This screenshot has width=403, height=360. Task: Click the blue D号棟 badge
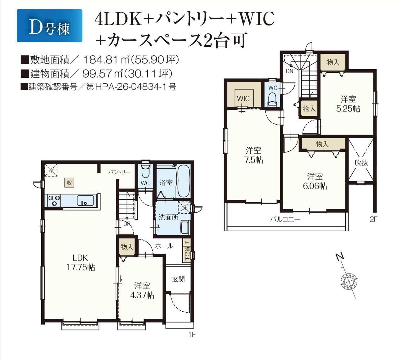49,25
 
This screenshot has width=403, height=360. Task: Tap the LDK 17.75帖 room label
80,262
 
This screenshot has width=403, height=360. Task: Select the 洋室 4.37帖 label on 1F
142,291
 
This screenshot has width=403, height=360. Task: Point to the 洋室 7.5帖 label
253,155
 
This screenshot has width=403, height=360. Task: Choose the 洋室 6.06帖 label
315,181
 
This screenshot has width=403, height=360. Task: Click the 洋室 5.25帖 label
348,104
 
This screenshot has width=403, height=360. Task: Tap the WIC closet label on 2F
243,98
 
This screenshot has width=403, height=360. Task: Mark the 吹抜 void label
361,163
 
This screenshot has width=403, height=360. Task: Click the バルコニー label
285,219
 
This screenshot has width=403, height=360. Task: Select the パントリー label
119,172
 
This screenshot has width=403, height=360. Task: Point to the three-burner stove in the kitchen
54,200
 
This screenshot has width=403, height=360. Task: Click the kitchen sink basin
85,200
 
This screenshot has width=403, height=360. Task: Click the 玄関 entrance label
178,279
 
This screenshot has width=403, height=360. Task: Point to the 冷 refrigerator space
51,170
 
